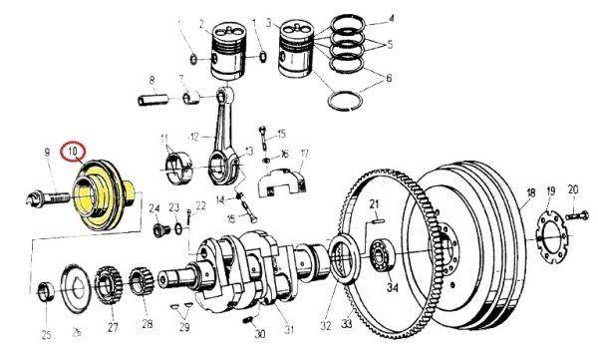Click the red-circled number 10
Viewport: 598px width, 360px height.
(x=72, y=152)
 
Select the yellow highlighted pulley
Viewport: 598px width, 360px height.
(x=103, y=195)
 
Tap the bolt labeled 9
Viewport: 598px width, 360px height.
(x=48, y=198)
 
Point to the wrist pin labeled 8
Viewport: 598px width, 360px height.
(x=152, y=100)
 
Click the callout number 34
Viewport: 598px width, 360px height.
(x=393, y=287)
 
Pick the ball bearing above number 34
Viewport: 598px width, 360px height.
(x=382, y=255)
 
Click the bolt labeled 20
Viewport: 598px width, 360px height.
(x=577, y=215)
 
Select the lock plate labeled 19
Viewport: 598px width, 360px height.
(x=552, y=239)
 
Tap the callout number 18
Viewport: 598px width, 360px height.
(x=531, y=192)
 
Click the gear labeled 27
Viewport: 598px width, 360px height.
(x=110, y=285)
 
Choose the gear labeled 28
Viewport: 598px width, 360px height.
(x=142, y=284)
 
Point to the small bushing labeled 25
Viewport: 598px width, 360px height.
(x=47, y=291)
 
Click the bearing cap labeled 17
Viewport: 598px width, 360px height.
(x=283, y=181)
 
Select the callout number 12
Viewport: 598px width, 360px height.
(x=194, y=137)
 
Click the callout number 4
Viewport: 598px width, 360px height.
(x=391, y=18)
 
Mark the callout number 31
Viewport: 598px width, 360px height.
(x=289, y=329)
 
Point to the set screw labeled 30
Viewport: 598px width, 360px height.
(x=248, y=320)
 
